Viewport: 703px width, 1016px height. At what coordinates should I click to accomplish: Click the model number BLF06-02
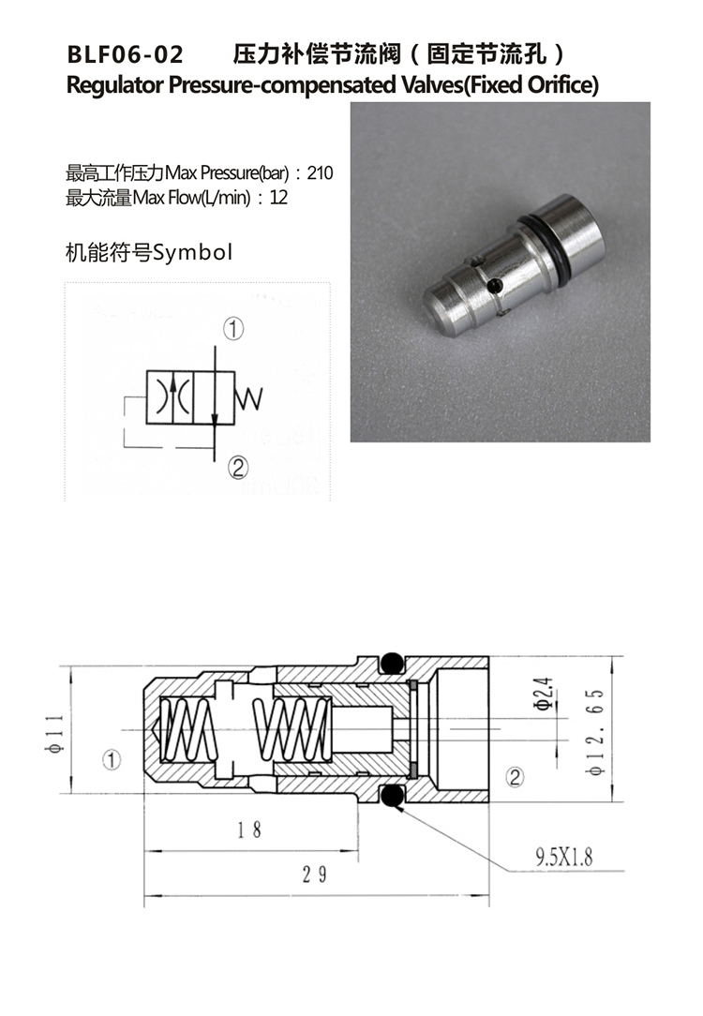pyautogui.click(x=125, y=52)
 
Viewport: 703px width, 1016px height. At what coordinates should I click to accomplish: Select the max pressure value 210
pyautogui.click(x=320, y=173)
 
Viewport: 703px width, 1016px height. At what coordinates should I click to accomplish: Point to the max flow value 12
pyautogui.click(x=278, y=198)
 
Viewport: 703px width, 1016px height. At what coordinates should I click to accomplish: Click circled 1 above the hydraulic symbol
pyautogui.click(x=233, y=329)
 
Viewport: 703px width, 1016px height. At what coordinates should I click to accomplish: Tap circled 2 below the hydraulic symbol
pyautogui.click(x=236, y=467)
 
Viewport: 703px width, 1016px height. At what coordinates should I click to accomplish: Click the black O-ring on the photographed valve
pyautogui.click(x=542, y=240)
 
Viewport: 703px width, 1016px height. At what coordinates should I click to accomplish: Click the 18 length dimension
pyautogui.click(x=248, y=829)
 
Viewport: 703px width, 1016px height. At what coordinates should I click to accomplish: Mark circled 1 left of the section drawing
pyautogui.click(x=112, y=759)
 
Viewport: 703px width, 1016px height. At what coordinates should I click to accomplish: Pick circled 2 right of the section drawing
pyautogui.click(x=514, y=776)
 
